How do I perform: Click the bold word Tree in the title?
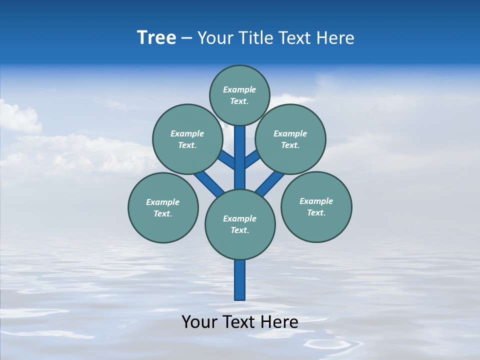[x=156, y=37]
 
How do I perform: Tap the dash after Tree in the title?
[x=186, y=38]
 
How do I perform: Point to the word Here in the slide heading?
[x=335, y=38]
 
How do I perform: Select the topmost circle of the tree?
[x=239, y=95]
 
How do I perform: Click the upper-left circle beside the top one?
[x=187, y=139]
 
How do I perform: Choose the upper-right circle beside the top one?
[x=290, y=139]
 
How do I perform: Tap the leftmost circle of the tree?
[x=163, y=207]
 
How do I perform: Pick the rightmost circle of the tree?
[x=316, y=206]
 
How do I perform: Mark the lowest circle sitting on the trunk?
[x=240, y=224]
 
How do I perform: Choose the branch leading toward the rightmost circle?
[x=269, y=183]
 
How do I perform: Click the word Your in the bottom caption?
[x=199, y=322]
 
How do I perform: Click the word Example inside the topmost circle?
[x=239, y=89]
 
